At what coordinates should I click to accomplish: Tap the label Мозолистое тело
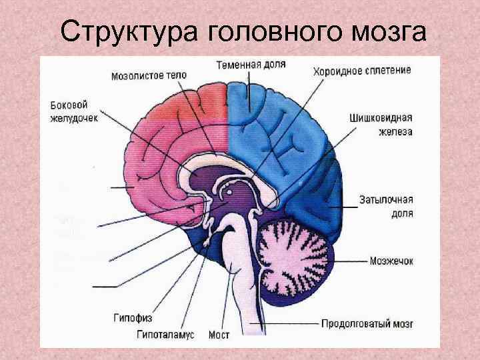tap(149, 75)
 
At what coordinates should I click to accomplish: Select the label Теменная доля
tap(251, 65)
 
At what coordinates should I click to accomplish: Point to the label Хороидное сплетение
tap(362, 69)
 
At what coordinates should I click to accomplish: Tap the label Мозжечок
tap(391, 261)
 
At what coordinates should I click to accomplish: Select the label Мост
tap(219, 335)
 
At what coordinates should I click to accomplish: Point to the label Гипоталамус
tap(166, 335)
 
